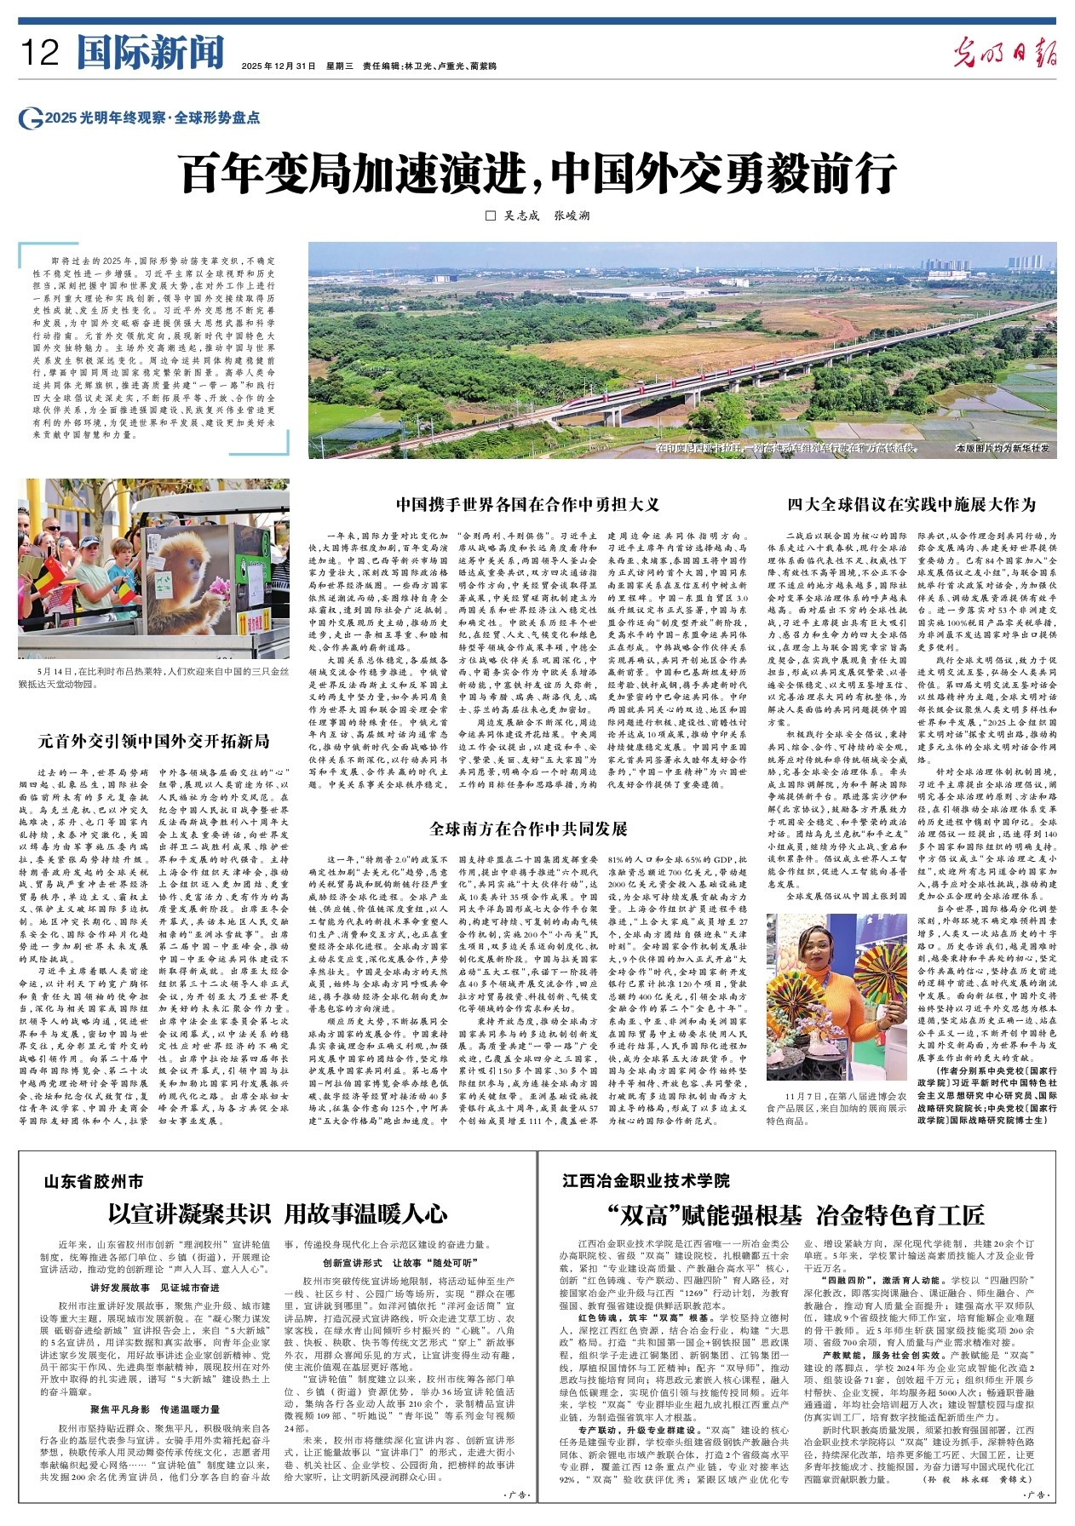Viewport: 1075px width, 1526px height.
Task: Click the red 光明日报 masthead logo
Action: [1005, 53]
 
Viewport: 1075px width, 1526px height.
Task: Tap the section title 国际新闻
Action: [150, 53]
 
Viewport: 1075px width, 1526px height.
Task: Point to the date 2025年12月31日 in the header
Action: [279, 66]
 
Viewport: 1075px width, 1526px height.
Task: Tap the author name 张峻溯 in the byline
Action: [572, 215]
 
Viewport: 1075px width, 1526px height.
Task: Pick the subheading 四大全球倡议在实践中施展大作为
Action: [911, 504]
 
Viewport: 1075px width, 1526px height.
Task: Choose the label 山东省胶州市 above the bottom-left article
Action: [94, 1181]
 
